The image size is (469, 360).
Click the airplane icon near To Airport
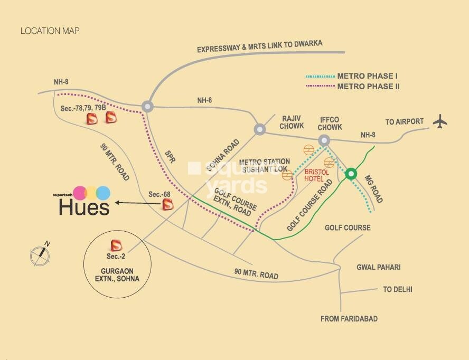pyautogui.click(x=439, y=121)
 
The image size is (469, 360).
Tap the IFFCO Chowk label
pyautogui.click(x=330, y=123)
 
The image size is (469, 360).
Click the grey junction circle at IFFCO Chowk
pyautogui.click(x=324, y=140)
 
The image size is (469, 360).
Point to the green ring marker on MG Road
pyautogui.click(x=351, y=174)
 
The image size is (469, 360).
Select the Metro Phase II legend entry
pyautogui.click(x=368, y=86)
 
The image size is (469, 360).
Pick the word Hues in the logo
pyautogui.click(x=84, y=207)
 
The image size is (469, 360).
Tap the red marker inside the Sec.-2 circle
pyautogui.click(x=116, y=245)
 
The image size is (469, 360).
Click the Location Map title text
pyautogui.click(x=50, y=31)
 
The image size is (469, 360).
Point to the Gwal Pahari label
pyautogui.click(x=378, y=267)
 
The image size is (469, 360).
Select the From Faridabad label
pyautogui.click(x=349, y=319)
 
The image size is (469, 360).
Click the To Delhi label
pyautogui.click(x=398, y=289)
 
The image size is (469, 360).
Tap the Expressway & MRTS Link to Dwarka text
pyautogui.click(x=259, y=46)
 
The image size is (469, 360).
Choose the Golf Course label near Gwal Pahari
pyautogui.click(x=348, y=228)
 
